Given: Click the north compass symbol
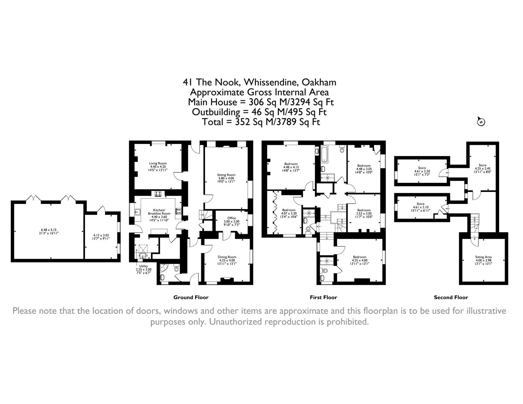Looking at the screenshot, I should (481, 122).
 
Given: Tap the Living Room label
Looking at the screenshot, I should (158, 163).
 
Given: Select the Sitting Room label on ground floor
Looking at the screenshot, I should (226, 175).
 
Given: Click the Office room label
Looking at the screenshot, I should (232, 218).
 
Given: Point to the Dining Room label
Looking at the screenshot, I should (227, 257).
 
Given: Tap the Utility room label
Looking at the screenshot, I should (143, 266).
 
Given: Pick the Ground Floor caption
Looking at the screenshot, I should (191, 297).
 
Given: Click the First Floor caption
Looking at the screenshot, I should (323, 297).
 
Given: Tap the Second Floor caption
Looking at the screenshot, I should (451, 297).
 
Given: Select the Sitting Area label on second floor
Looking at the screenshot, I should (483, 257).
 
